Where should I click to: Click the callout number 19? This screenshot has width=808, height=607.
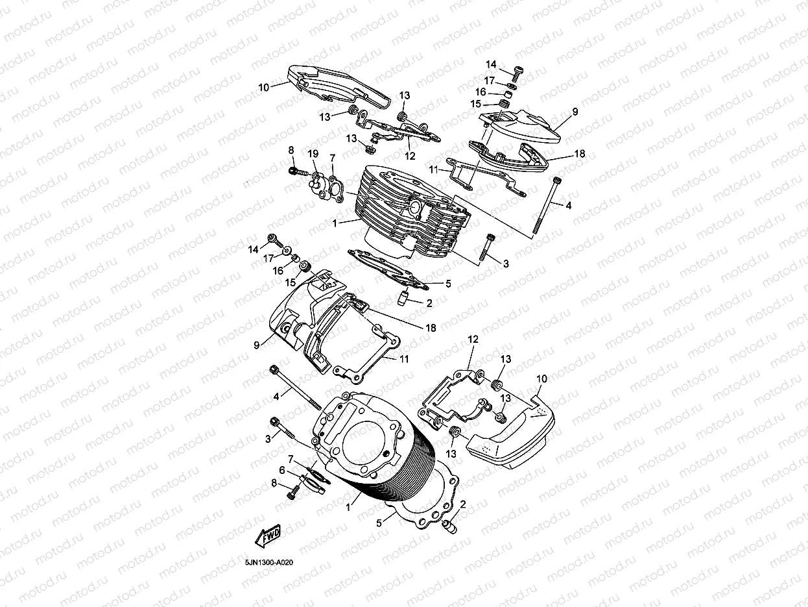[313, 154]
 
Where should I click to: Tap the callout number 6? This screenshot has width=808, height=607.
[282, 469]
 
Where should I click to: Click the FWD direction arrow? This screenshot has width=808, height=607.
[268, 536]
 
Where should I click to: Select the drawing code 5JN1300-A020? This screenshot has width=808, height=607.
[269, 563]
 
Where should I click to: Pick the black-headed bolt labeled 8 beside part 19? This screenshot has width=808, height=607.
[294, 171]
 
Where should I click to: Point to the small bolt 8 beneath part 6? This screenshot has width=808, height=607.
[292, 494]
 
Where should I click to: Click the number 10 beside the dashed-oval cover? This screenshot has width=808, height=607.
[542, 378]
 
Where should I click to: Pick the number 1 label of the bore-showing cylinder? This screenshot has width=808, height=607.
[349, 508]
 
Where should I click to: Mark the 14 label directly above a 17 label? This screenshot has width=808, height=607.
[491, 64]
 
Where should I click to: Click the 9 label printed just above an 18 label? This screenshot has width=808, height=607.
[575, 112]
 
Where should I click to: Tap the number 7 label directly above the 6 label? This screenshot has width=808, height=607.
[291, 459]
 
